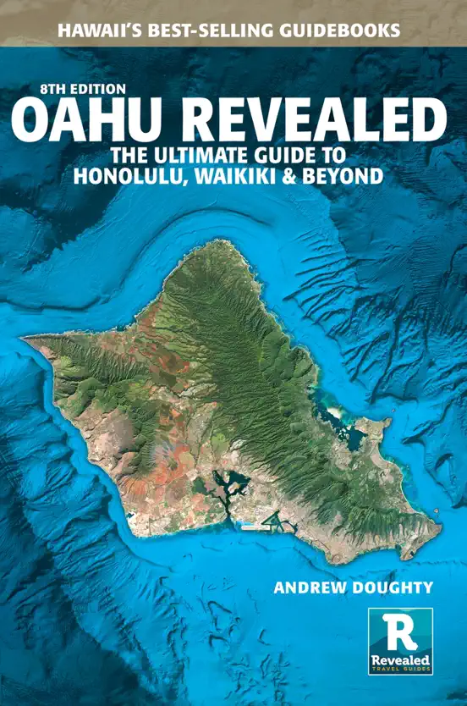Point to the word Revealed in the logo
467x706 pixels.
pos(401,659)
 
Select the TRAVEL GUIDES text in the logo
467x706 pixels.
pos(401,670)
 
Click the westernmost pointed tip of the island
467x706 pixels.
pos(26,339)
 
